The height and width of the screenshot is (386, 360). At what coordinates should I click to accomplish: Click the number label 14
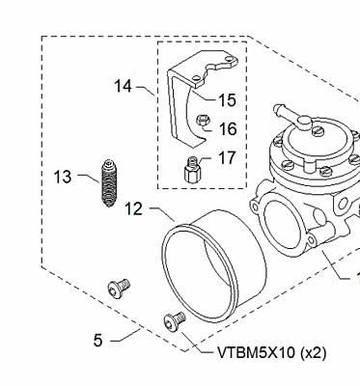coord(123,87)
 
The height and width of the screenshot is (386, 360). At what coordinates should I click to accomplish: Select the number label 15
coord(227,99)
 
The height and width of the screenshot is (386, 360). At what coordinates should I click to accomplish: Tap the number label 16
coord(227,128)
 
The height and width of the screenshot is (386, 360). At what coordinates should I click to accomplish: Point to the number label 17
coord(227,157)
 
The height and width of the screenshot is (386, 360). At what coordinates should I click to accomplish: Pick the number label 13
coord(63,177)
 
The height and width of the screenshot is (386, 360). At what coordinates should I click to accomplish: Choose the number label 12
coord(133,207)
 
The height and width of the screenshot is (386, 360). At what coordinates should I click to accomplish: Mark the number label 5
coord(97,340)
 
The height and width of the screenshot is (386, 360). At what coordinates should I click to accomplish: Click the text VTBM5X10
coord(255,353)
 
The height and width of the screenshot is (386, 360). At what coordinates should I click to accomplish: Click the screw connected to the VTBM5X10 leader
coord(175,321)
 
